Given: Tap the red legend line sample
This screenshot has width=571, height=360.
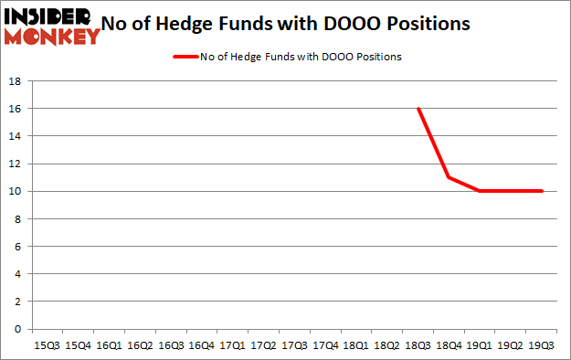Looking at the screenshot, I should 186,57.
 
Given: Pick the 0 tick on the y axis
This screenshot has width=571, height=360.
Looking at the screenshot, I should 17,329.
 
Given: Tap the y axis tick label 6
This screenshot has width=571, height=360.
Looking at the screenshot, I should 17,246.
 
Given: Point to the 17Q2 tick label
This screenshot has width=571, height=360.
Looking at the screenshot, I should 263,345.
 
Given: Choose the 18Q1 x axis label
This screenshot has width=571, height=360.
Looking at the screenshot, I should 356,345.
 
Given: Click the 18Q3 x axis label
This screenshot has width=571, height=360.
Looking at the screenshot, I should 418,345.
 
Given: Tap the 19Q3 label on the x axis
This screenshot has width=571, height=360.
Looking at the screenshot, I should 542,345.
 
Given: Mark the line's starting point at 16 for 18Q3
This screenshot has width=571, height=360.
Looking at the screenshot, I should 418,109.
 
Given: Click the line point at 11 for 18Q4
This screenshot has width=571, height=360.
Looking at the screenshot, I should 449,177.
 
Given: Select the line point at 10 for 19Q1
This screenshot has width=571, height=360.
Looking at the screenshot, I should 481,191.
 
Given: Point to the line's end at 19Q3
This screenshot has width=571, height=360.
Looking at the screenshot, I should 542,191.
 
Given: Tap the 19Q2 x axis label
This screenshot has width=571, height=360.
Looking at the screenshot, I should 511,345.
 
